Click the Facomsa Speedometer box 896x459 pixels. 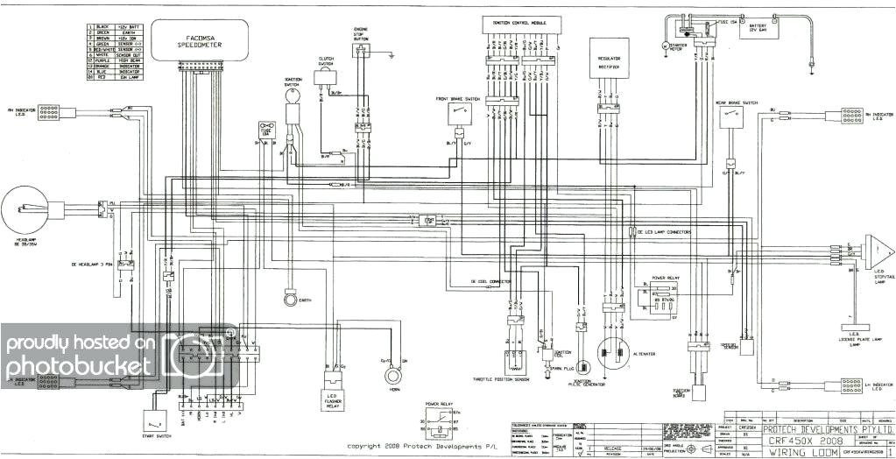196,40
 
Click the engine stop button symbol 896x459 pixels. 360,52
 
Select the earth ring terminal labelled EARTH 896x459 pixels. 286,300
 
